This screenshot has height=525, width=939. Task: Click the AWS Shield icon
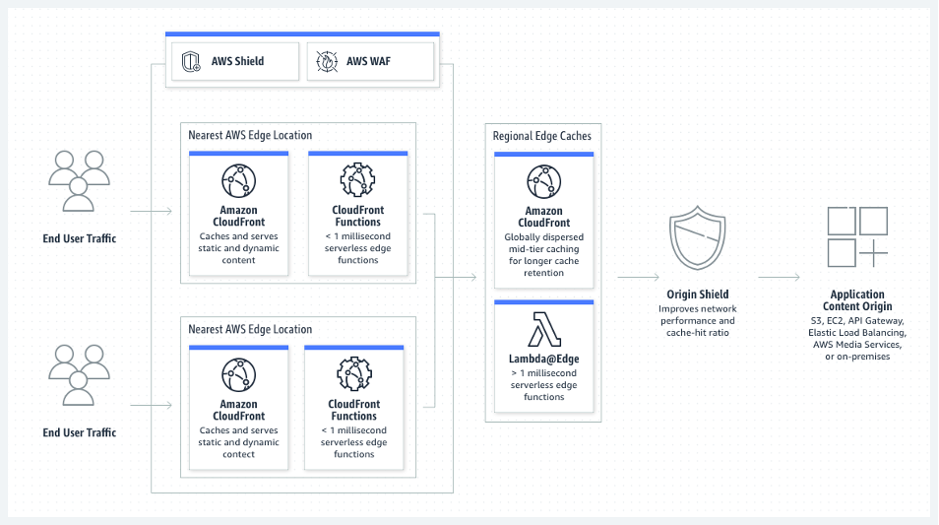tap(191, 62)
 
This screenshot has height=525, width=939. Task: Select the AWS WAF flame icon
tap(325, 62)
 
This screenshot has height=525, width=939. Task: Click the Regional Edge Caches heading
tap(542, 136)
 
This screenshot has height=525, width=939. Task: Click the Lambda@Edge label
tap(543, 360)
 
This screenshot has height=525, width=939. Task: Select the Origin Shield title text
tap(697, 295)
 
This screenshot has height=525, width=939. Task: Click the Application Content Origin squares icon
tap(856, 236)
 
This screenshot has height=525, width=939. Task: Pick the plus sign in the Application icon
tap(873, 252)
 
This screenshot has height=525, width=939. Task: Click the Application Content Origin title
tap(856, 300)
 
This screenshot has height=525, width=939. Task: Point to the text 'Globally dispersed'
tap(543, 237)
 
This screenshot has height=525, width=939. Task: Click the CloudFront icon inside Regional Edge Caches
tap(543, 182)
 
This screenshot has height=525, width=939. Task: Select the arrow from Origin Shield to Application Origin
tap(779, 278)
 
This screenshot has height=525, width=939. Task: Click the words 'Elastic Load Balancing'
tap(856, 333)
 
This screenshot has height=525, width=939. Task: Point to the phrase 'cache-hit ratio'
tap(697, 333)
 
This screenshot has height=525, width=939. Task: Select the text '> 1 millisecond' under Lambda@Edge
tap(543, 374)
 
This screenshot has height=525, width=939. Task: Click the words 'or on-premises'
tap(856, 357)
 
